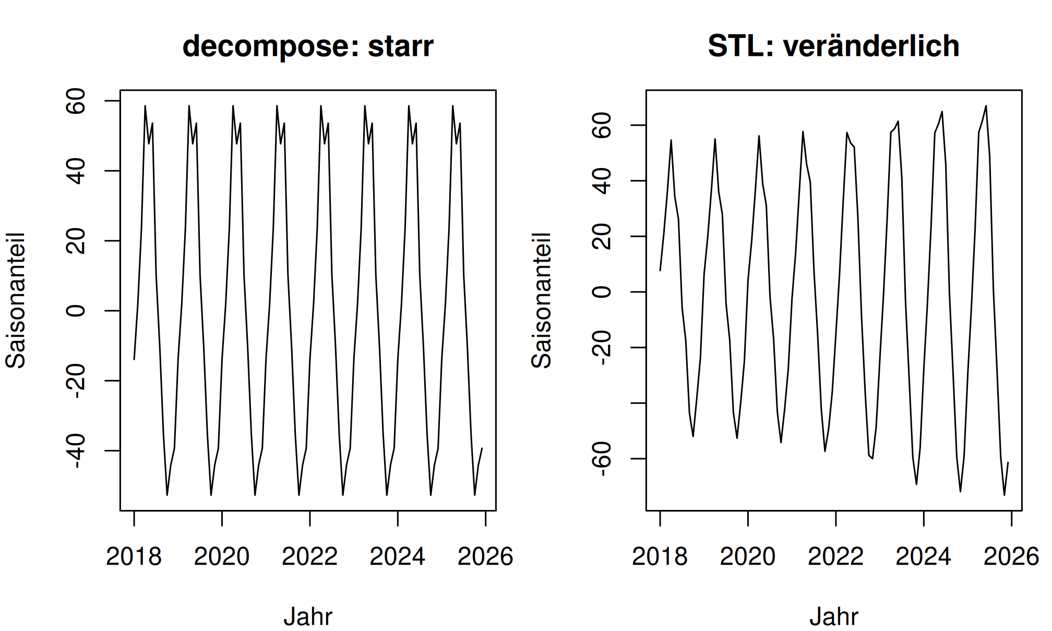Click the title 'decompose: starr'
pos(308,46)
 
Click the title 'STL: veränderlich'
pos(833,46)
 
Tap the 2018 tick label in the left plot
pos(134,556)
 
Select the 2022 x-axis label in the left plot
pos(309,556)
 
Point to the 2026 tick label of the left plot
pos(485,556)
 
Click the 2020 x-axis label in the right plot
pos(747,556)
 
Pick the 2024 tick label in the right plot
pos(923,556)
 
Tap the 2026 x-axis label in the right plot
pos(1011,556)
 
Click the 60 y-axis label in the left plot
pos(76,101)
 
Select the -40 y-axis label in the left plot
pos(76,450)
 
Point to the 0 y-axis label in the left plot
pos(76,311)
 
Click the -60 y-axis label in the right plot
pos(602,459)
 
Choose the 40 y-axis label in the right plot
pos(602,181)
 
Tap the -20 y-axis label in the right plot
pos(602,348)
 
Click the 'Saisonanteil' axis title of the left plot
pos(15,301)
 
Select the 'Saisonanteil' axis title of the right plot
pos(541,301)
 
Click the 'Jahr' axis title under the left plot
pos(308,616)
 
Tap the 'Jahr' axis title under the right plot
pos(834,616)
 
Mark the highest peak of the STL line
pos(986,106)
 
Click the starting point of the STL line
pos(660,270)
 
